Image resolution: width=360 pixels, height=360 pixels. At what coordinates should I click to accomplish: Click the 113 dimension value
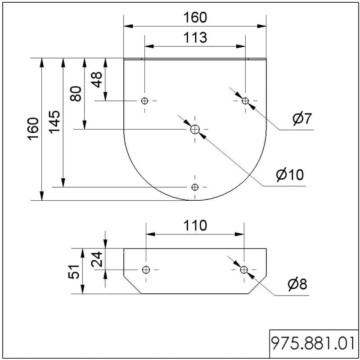(x=195, y=37)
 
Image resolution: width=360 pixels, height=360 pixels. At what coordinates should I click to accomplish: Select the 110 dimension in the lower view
(x=195, y=225)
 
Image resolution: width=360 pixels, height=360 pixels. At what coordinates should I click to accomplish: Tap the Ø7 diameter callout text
(x=302, y=118)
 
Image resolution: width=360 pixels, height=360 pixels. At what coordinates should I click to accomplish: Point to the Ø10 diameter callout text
(x=290, y=175)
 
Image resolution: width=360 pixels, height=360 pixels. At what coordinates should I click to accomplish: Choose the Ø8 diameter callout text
(x=297, y=284)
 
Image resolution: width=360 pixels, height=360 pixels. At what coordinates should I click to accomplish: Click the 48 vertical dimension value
(x=97, y=80)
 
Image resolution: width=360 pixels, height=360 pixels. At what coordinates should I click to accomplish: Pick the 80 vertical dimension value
(x=76, y=94)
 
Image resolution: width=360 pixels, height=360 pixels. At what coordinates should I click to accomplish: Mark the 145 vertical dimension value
(x=54, y=122)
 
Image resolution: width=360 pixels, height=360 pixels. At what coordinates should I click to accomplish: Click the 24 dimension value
(x=97, y=259)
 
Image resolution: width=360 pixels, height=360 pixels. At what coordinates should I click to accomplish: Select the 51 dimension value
(x=74, y=272)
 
